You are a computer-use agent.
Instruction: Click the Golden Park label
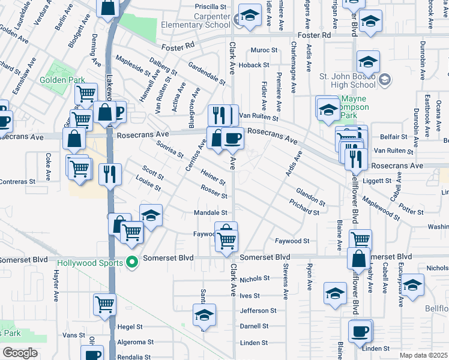click(x=58, y=79)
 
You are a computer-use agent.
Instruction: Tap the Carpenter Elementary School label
click(x=196, y=20)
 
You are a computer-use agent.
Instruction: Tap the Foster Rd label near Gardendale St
click(x=179, y=46)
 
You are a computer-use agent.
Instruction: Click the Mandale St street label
click(x=210, y=212)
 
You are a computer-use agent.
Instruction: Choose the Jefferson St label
click(x=258, y=311)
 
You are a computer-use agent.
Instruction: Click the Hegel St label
click(x=130, y=327)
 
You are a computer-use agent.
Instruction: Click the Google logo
click(x=20, y=353)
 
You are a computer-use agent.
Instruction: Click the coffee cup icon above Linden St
click(x=360, y=331)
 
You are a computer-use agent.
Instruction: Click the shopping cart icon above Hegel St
click(x=104, y=305)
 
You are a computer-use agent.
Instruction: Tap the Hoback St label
click(x=253, y=65)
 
